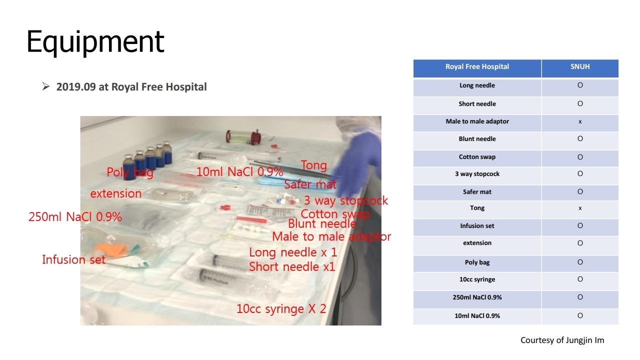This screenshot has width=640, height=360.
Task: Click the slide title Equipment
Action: coord(95,42)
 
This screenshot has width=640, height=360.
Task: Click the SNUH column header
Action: coord(580,66)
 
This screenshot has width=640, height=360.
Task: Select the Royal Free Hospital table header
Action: coord(477,66)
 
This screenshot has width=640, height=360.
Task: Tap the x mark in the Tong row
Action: coord(580,208)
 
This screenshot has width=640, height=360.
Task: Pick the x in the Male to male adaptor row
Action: coord(580,121)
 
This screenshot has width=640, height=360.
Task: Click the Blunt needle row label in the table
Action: coord(477,139)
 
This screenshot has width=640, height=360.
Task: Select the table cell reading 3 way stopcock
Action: coord(477,173)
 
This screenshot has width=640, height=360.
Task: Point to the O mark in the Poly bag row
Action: coord(580,262)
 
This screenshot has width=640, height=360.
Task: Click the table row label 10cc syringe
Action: coord(477,279)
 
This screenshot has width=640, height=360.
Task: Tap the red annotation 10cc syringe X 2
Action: coord(281,309)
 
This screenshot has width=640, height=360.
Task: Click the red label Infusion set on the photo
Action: coord(73,259)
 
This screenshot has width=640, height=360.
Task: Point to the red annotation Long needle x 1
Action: coord(293,252)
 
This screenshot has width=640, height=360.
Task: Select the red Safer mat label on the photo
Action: coord(310,184)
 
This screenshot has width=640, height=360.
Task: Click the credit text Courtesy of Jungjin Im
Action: coord(562,340)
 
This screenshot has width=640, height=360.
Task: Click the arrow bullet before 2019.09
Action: coord(45,86)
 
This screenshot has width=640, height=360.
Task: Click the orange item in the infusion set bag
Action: coord(111,249)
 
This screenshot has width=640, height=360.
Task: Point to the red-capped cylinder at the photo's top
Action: coord(243,137)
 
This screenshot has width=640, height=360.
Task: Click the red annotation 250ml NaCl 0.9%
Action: coord(75,217)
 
